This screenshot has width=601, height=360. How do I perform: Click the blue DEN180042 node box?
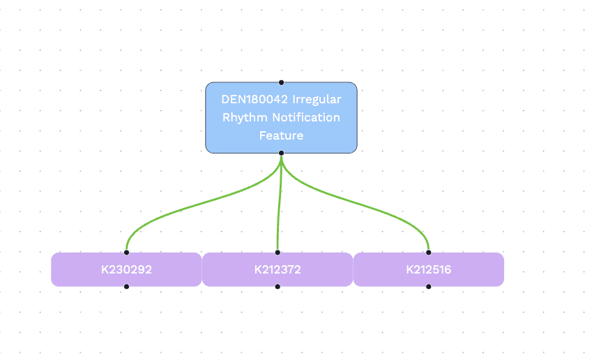(x=282, y=118)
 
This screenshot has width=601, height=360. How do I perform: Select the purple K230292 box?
(x=126, y=269)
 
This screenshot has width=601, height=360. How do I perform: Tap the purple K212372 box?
(x=277, y=269)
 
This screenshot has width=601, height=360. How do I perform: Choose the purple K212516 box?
(x=429, y=269)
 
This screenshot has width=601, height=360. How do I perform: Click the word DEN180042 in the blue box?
(x=254, y=99)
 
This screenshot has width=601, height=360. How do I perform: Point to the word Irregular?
(x=317, y=100)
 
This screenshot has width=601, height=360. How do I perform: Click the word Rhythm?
(x=245, y=117)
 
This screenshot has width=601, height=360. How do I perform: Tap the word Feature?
(x=282, y=135)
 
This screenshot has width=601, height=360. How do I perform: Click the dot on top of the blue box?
(x=282, y=82)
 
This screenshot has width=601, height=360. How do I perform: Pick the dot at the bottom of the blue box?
(x=282, y=153)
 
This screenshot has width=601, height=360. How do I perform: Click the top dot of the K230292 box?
(x=126, y=253)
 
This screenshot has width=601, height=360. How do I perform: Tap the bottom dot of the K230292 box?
(x=126, y=286)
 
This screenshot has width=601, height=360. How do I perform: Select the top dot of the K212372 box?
(x=277, y=253)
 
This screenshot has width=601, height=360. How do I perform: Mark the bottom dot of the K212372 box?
(x=277, y=286)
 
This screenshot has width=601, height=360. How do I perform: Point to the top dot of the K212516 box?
(x=429, y=253)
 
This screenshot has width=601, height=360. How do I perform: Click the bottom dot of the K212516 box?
(x=429, y=286)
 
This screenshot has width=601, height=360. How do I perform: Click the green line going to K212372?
(x=279, y=203)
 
